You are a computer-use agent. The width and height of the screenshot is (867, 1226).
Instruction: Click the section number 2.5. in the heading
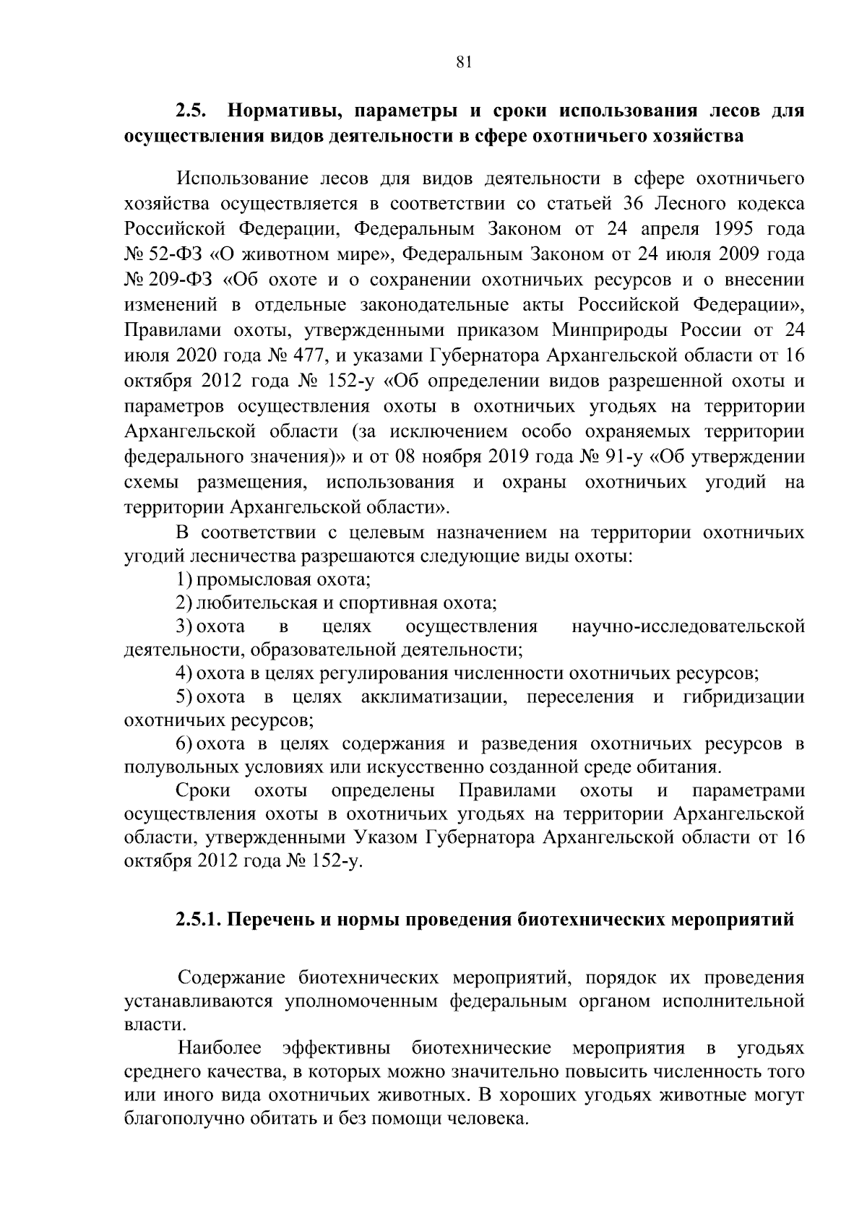(x=191, y=112)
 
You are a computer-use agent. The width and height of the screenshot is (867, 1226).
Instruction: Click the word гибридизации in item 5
(x=743, y=697)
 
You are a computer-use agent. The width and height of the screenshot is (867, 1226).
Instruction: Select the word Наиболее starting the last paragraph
(x=220, y=1048)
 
